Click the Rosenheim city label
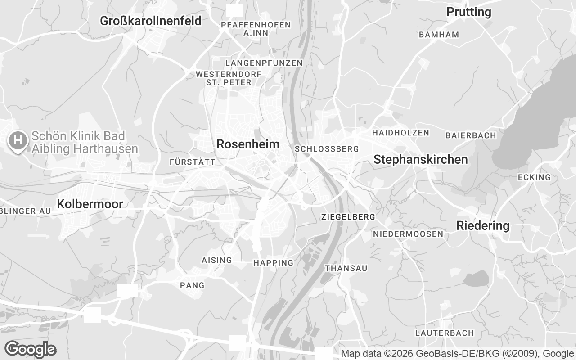248,144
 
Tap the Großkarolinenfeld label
151,21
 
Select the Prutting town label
469,12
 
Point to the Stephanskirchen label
421,160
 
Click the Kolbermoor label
90,204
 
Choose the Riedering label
483,226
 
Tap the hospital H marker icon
18,140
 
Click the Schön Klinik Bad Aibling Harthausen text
85,142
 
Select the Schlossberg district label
327,149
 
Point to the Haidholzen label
400,133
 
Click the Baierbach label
471,135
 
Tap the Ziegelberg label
348,217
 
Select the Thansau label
346,268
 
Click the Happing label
273,263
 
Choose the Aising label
217,260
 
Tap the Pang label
192,285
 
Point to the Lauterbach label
445,333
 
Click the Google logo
30,349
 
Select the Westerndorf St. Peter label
229,78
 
